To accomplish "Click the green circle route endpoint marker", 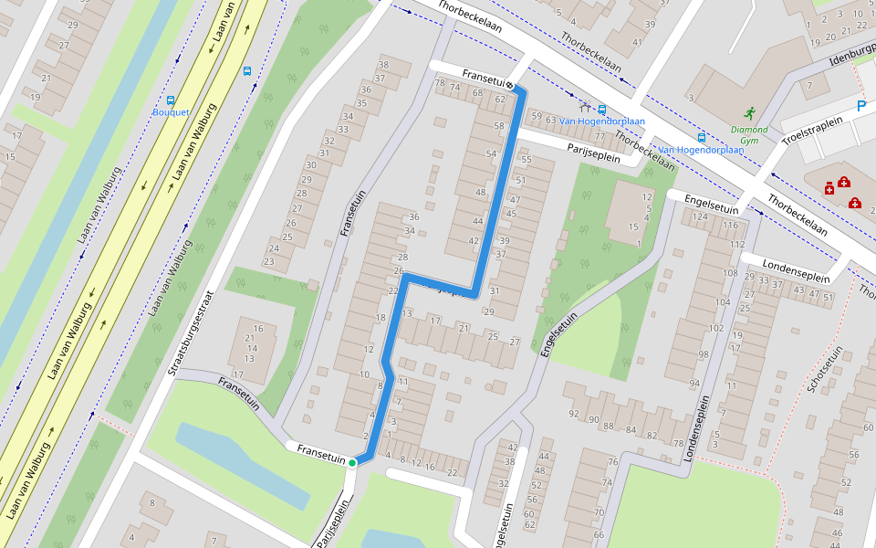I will pos(351,464).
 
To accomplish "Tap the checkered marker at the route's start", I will pos(510,86).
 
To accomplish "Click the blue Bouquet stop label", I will pos(171,112).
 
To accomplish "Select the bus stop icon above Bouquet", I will pos(171,100).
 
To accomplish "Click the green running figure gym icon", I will pos(749,113).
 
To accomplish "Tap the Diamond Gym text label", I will pos(748,135).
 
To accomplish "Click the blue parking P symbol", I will pos(860,107).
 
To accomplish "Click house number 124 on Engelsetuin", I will pos(700,216).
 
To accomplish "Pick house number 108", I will pos(730,273).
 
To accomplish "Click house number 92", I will pos(574,414).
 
